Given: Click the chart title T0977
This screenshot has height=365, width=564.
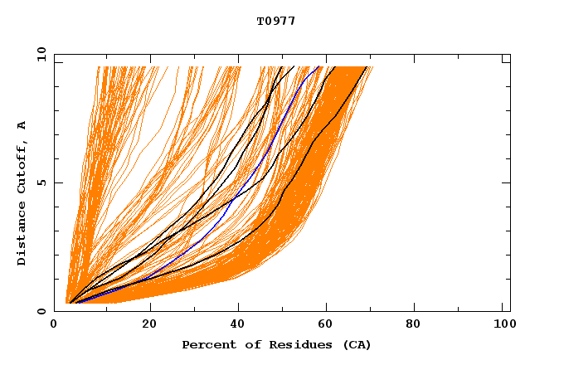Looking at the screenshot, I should tap(276, 21).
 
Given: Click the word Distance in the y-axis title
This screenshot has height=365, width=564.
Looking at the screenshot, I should tap(22, 234).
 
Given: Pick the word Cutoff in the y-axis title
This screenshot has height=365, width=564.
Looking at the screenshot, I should tap(22, 165).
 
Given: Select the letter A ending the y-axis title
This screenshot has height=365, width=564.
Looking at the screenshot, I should tap(22, 125).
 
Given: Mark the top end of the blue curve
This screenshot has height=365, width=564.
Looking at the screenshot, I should tap(319, 66).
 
